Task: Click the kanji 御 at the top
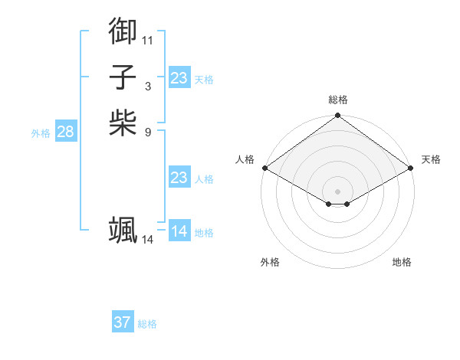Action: click(x=123, y=31)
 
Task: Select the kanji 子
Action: click(x=123, y=77)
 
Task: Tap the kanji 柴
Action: click(x=123, y=123)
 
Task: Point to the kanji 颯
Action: click(x=123, y=230)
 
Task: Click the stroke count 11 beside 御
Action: click(x=148, y=40)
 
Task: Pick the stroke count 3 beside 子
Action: click(x=148, y=86)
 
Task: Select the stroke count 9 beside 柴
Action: click(x=148, y=132)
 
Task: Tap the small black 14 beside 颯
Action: click(x=148, y=240)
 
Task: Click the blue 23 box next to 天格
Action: click(x=179, y=78)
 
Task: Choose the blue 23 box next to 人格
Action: click(x=179, y=178)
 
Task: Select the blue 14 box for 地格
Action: click(x=179, y=231)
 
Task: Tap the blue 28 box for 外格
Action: click(x=65, y=132)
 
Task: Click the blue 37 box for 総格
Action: click(x=122, y=322)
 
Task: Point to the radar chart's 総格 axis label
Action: click(x=337, y=100)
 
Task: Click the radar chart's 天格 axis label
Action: click(x=431, y=159)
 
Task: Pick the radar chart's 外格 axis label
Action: click(x=270, y=262)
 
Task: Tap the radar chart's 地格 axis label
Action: click(x=402, y=262)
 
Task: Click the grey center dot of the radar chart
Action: click(x=337, y=191)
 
